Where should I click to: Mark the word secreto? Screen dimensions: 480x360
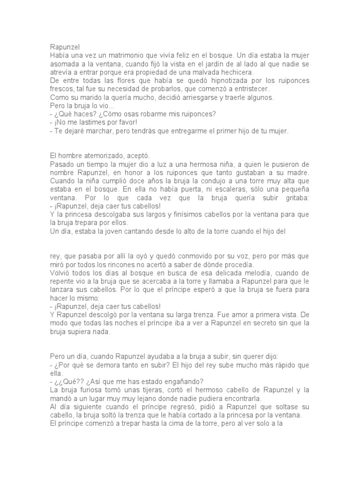point(259,324)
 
